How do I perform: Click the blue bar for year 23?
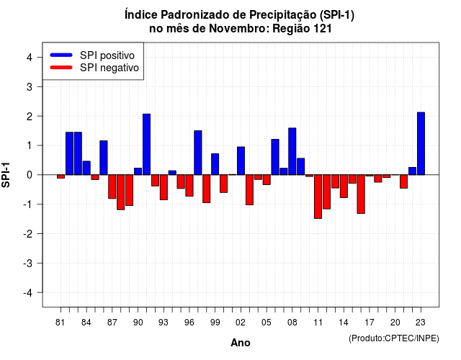coord(421,143)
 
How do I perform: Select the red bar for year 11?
coord(318,197)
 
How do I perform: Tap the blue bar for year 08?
coord(292,151)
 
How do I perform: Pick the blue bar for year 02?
coord(241,161)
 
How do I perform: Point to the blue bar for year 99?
coord(215,164)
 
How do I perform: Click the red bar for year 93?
coord(164,187)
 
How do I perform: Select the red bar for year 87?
coord(112,186)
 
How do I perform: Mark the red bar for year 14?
coord(344,186)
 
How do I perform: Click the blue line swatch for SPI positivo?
coord(61,55)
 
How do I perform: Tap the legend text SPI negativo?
coord(109,68)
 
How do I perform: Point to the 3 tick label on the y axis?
coord(29,86)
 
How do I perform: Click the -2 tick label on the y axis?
coord(27,233)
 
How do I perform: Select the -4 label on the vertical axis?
coord(27,293)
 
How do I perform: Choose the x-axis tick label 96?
coord(189,323)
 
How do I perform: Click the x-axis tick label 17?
coord(370,323)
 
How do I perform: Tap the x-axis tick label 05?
coord(267,323)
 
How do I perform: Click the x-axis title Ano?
coord(241,343)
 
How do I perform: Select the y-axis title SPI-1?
coord(6,174)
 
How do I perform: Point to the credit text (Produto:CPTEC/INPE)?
coord(394,338)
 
